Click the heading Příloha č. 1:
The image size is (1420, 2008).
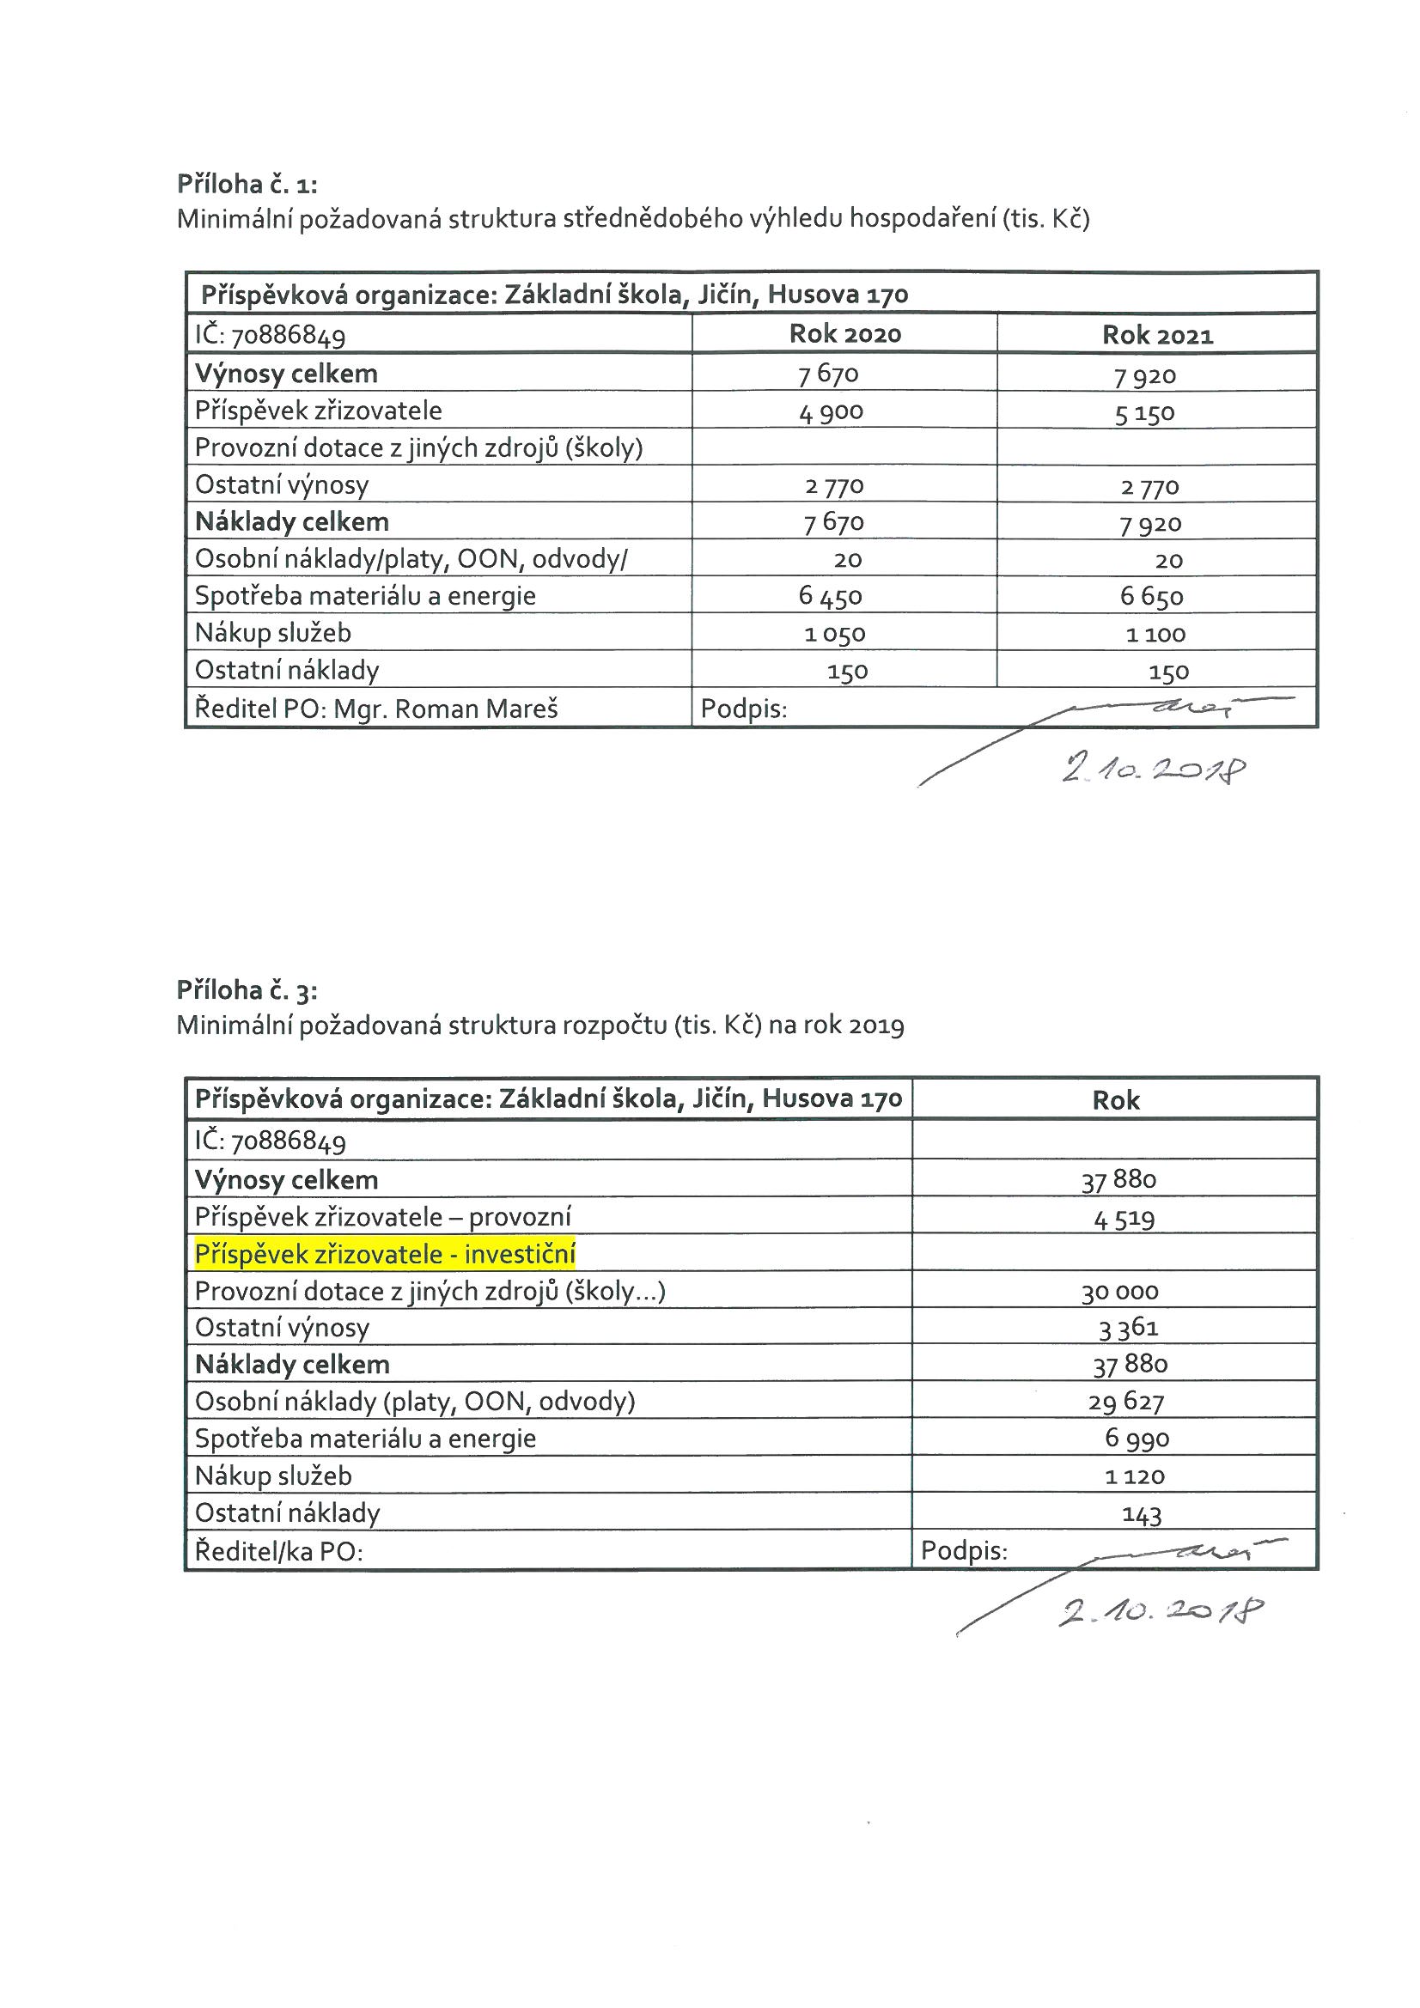coord(247,184)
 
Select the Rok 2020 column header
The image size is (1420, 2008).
coord(844,334)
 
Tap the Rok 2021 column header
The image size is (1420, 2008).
coord(1156,335)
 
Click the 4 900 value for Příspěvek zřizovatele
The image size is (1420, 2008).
coord(831,412)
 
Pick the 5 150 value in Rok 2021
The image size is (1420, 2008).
coord(1143,414)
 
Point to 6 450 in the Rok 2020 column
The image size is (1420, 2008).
coord(830,596)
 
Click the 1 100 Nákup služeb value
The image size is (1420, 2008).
coord(1155,634)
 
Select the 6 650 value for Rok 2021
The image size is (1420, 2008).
coord(1151,597)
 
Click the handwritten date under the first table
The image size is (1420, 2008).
coord(1153,770)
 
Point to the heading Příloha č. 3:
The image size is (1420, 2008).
coord(247,990)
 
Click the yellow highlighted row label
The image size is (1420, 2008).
coord(385,1255)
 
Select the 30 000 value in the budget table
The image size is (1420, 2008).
coord(1119,1292)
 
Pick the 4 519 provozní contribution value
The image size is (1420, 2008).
coord(1124,1218)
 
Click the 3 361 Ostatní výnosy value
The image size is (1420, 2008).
coord(1128,1329)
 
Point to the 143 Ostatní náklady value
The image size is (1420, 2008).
coord(1141,1514)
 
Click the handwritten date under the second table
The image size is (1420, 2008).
coord(1161,1611)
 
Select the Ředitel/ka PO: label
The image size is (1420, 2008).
coord(278,1551)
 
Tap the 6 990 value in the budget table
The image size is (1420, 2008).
coord(1137,1439)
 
